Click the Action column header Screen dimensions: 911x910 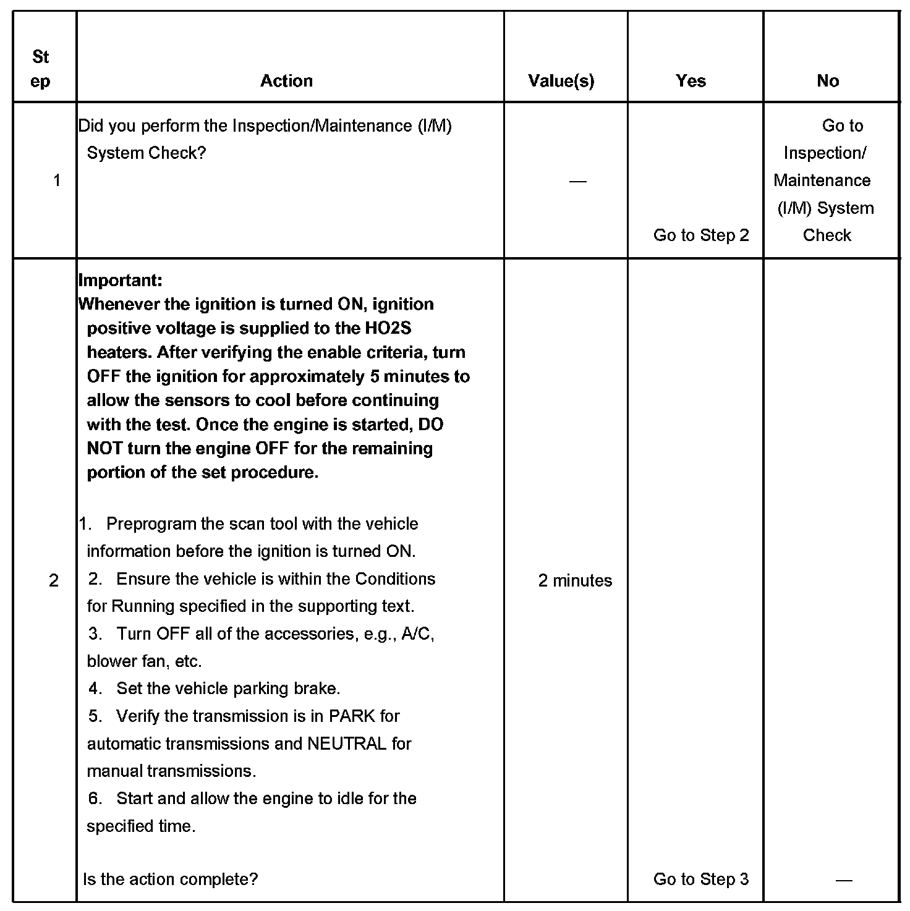click(x=286, y=81)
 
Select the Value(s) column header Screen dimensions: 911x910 click(x=561, y=81)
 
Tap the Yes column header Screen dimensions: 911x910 click(x=691, y=81)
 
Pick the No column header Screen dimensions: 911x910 click(x=827, y=81)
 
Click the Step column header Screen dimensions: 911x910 click(x=41, y=69)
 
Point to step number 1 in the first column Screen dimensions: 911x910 click(x=57, y=180)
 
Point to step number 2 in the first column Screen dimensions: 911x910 click(x=54, y=580)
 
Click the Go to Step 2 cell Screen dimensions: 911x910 click(x=701, y=235)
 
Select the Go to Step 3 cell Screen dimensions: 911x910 click(x=701, y=879)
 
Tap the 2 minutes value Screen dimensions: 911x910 click(x=575, y=580)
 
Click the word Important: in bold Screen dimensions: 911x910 click(x=121, y=280)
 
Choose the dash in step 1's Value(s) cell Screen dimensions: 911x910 click(x=577, y=181)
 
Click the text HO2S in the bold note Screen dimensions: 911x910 click(x=388, y=328)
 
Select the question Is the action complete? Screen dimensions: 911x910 click(x=171, y=879)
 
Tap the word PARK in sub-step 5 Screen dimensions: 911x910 click(x=352, y=716)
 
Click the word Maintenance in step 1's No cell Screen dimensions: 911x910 click(x=822, y=180)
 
